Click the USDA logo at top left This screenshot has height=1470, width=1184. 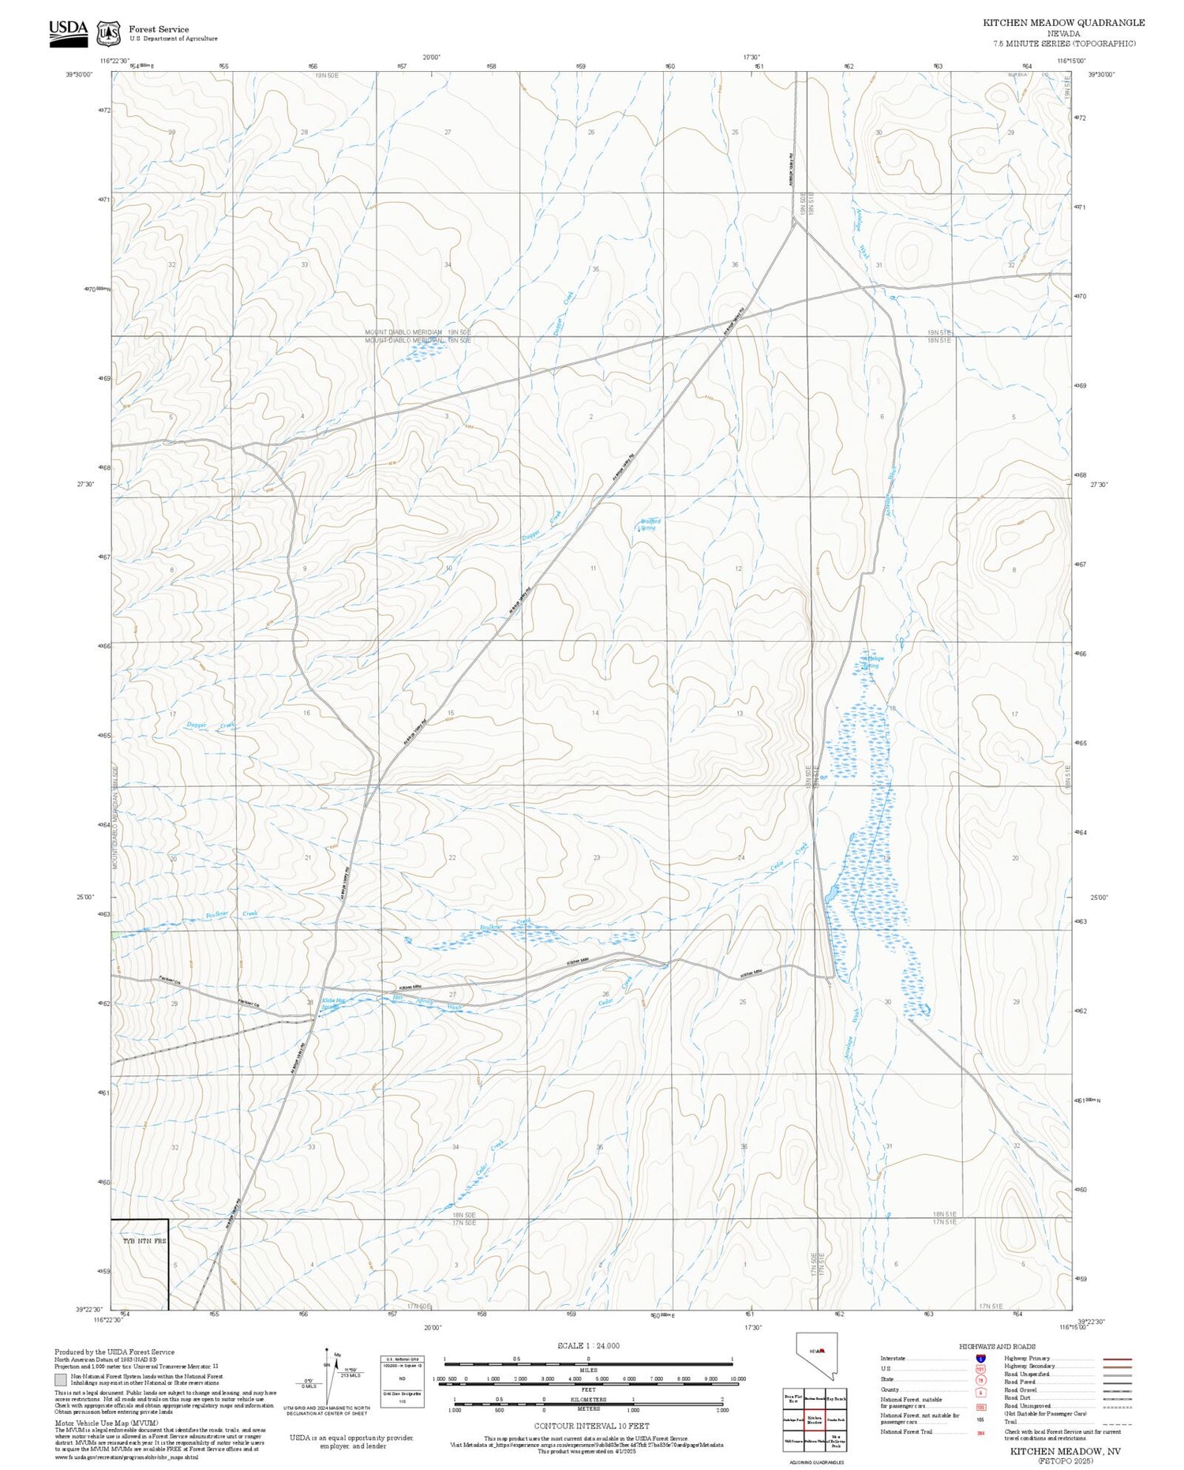coord(68,32)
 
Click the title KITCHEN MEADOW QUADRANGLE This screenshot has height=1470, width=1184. coord(1063,23)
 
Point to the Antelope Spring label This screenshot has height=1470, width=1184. coord(872,662)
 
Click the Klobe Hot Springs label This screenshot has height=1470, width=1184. coord(331,1004)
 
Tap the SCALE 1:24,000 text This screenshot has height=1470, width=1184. coord(588,1345)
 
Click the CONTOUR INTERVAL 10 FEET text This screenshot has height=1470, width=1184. coord(591,1426)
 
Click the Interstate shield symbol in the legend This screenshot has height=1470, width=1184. coord(980,1359)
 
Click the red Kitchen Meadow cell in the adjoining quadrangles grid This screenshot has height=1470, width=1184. coord(815,1420)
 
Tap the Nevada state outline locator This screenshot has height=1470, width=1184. coord(816,1355)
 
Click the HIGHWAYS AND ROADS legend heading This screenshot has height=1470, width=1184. coord(997,1347)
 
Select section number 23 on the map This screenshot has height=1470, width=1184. coord(597,857)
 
